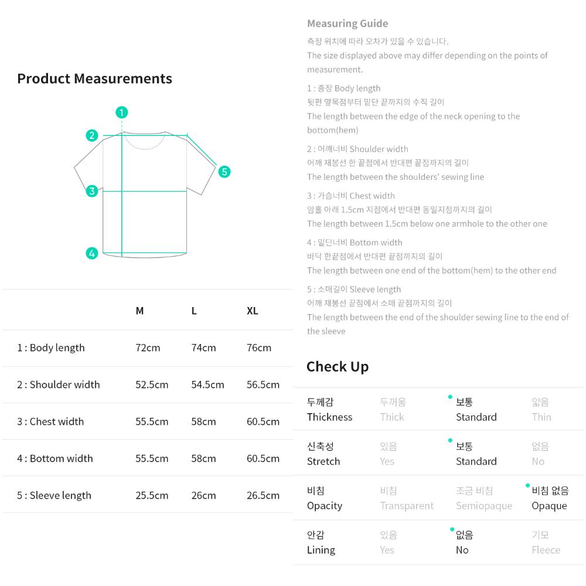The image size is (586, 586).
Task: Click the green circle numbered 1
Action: [x=121, y=112]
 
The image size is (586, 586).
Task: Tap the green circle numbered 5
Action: [x=224, y=172]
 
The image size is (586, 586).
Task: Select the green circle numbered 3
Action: [x=92, y=191]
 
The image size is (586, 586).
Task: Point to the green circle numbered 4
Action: [x=92, y=253]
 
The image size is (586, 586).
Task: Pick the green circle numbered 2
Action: [x=92, y=135]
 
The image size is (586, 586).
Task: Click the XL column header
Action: [x=252, y=311]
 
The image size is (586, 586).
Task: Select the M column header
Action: [x=140, y=311]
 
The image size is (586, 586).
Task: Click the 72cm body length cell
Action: [x=148, y=348]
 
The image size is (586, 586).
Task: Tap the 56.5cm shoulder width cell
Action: [x=263, y=385]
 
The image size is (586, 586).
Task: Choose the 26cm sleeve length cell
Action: [x=203, y=496]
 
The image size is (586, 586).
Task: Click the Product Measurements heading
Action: [x=94, y=79]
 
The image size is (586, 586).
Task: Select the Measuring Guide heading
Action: [x=347, y=23]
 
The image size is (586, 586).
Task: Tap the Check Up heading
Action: [x=338, y=367]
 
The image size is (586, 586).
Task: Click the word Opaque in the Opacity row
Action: [x=550, y=506]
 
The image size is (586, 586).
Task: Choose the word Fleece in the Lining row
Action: [x=546, y=550]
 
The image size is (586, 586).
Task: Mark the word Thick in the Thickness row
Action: [x=392, y=417]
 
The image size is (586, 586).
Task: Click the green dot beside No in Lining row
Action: [x=452, y=529]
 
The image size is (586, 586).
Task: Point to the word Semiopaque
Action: [x=484, y=506]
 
